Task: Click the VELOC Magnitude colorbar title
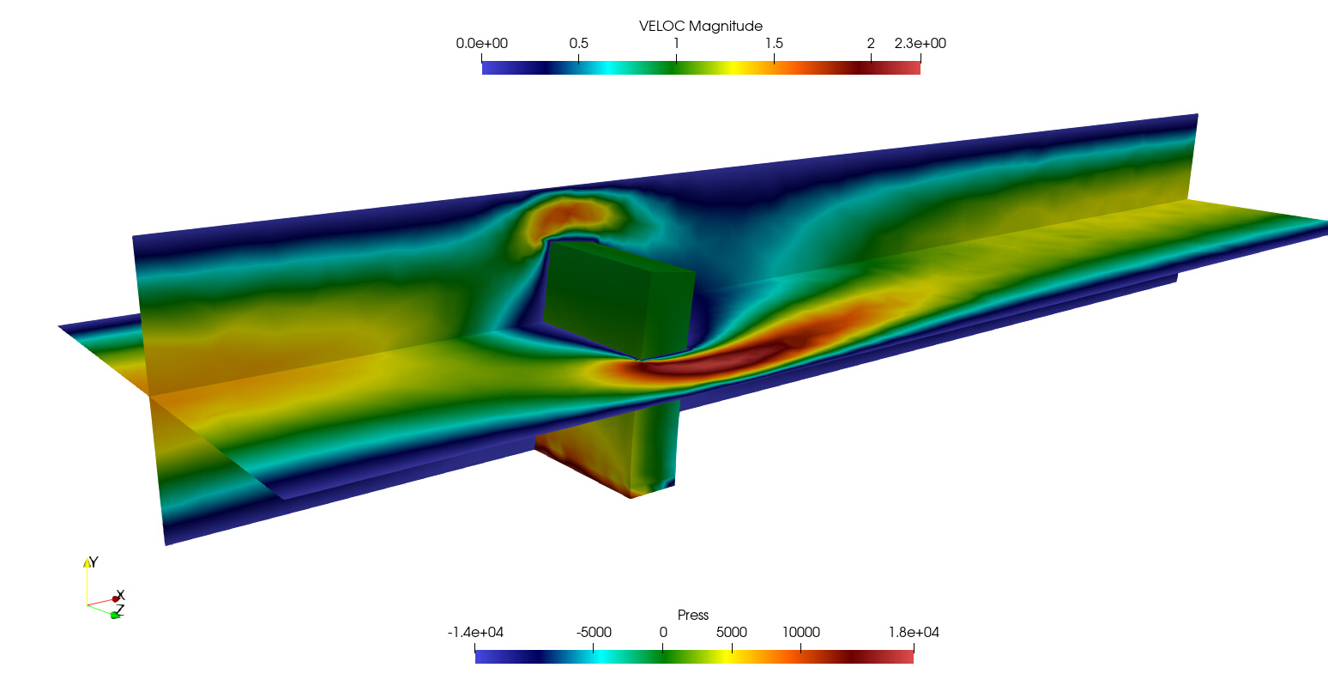tap(700, 26)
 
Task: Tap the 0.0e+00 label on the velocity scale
tap(481, 43)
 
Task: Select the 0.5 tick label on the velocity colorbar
tap(578, 43)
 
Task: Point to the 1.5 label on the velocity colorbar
tap(774, 43)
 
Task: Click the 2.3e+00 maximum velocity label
tap(921, 43)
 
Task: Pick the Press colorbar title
tap(693, 615)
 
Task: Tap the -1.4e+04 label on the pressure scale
tap(475, 633)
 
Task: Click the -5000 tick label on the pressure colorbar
tap(594, 633)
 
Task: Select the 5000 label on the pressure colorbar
tap(732, 633)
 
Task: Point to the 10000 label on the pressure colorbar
tap(801, 633)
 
